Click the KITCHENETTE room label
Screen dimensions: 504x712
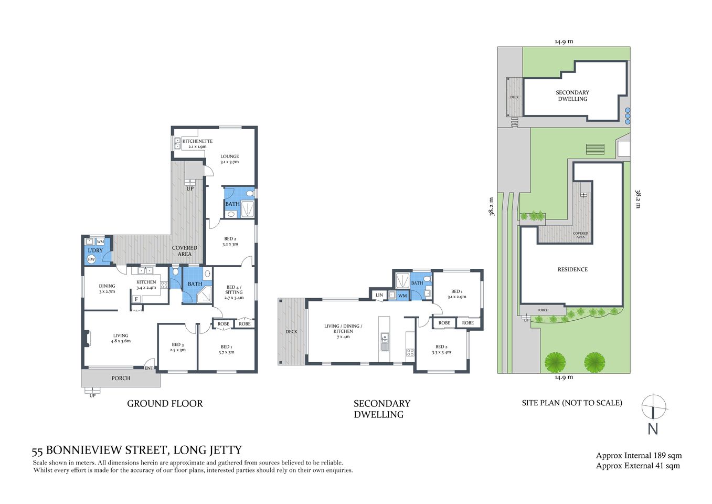(x=197, y=141)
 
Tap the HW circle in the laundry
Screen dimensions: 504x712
(x=91, y=259)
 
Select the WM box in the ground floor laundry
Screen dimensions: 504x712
(x=100, y=241)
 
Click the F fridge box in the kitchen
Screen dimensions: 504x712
(x=136, y=299)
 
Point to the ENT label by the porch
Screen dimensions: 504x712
(x=149, y=368)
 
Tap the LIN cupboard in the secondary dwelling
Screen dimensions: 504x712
(x=379, y=295)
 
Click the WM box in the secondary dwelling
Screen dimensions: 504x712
(x=402, y=296)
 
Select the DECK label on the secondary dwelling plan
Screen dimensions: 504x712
(x=291, y=331)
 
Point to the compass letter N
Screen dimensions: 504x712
(x=653, y=429)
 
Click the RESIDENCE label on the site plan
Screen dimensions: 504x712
(x=572, y=269)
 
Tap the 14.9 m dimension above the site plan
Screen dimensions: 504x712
(x=564, y=41)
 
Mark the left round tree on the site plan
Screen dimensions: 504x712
(x=555, y=362)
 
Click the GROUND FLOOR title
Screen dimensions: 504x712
(x=165, y=403)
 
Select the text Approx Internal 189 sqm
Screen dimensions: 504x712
(x=639, y=455)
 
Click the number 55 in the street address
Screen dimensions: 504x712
(x=37, y=451)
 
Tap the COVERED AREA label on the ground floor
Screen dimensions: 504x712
(x=185, y=251)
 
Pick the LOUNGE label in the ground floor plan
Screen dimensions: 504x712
(x=229, y=156)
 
